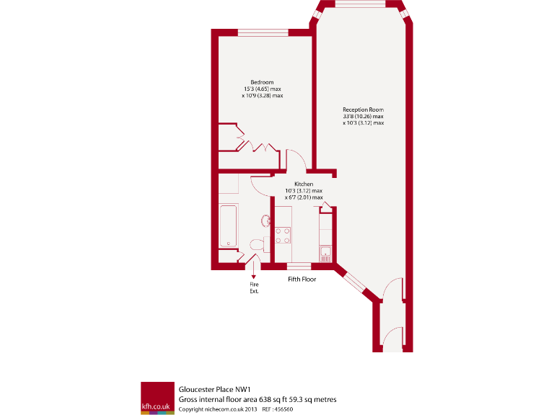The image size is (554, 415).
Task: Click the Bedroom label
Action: click(x=262, y=82)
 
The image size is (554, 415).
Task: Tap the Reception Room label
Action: click(x=363, y=110)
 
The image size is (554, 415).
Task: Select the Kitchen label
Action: click(x=303, y=184)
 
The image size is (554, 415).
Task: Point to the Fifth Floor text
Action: click(x=302, y=279)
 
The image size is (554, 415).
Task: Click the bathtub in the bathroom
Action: click(x=228, y=226)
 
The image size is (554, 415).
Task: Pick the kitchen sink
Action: click(x=325, y=251)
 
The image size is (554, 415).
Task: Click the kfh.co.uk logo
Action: click(x=157, y=397)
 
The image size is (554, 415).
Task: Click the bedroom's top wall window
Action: click(x=263, y=32)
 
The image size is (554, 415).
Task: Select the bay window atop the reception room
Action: click(x=361, y=5)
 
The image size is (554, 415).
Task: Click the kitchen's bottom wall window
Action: click(x=299, y=267)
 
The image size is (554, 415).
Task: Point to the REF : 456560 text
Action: click(x=278, y=409)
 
